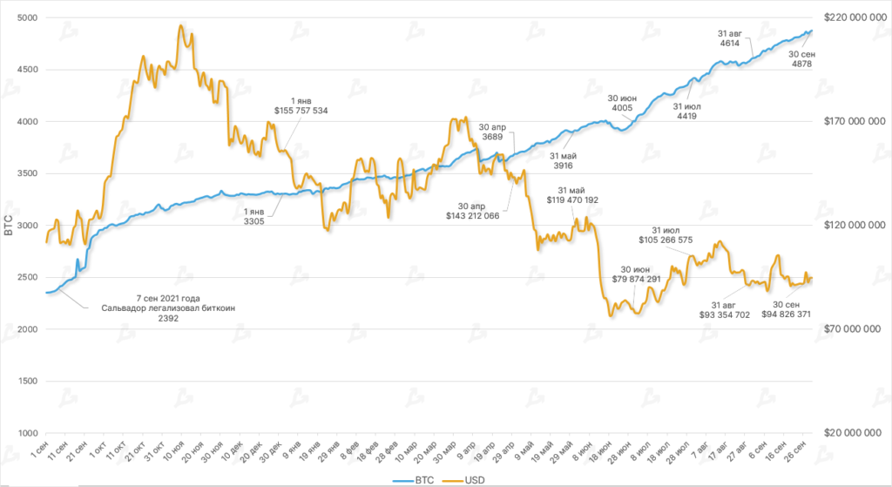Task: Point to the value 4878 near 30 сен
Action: pos(801,64)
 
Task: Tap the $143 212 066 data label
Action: pos(472,214)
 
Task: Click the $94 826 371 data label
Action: pos(799,315)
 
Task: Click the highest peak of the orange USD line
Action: pos(180,25)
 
